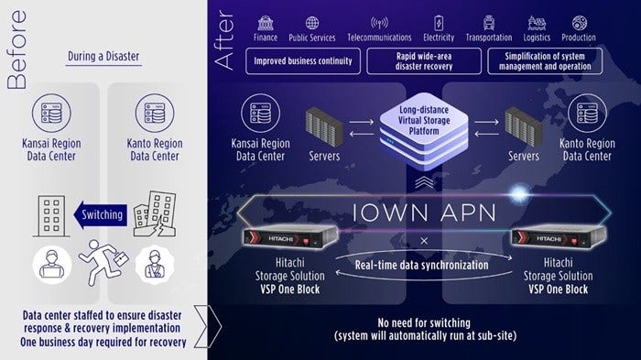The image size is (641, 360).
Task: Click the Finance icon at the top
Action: point(265,23)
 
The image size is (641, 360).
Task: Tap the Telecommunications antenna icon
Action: point(379,23)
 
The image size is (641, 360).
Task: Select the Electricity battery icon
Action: point(438,23)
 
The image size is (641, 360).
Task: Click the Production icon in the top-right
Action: point(578,23)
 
